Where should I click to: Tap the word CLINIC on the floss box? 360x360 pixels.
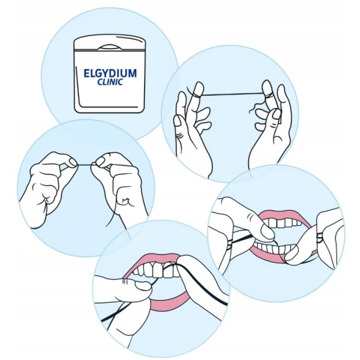pyautogui.click(x=110, y=82)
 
